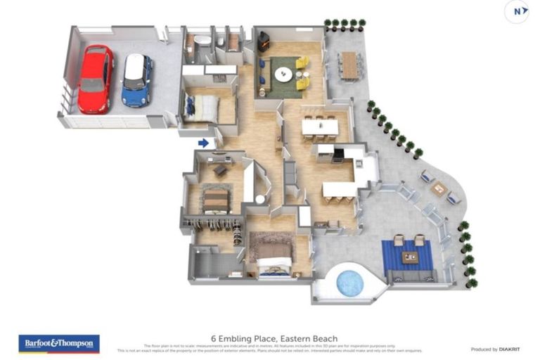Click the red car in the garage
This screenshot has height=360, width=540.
(95, 79)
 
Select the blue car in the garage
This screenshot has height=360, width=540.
(137, 79)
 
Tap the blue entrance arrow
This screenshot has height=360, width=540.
(203, 143)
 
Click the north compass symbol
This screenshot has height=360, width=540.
(517, 11)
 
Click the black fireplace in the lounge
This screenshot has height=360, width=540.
(264, 41)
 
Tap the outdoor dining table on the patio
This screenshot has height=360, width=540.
(349, 65)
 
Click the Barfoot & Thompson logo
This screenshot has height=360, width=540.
(59, 343)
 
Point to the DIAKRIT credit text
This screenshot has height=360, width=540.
(494, 349)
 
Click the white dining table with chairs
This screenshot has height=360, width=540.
(320, 127)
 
